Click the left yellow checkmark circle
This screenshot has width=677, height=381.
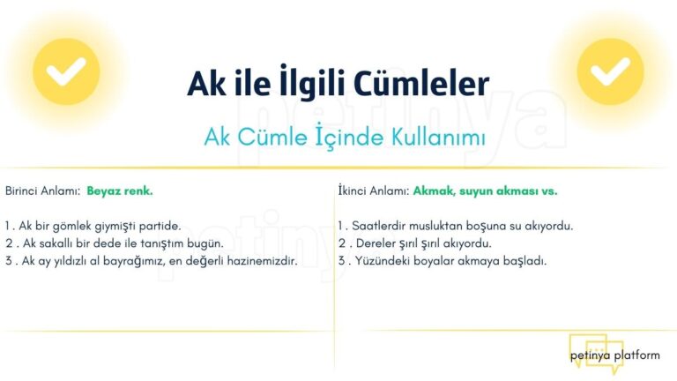[x=66, y=71]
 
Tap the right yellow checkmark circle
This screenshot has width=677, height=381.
[x=610, y=71]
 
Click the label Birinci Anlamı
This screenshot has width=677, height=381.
[x=42, y=190]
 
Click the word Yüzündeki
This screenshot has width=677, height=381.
[x=380, y=261]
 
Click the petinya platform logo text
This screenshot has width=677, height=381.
[x=614, y=355]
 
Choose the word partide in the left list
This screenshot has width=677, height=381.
[x=160, y=226]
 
